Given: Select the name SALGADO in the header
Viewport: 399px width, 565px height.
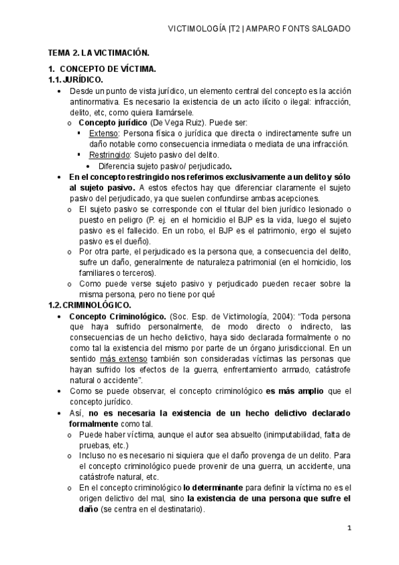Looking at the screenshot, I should [x=326, y=29].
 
